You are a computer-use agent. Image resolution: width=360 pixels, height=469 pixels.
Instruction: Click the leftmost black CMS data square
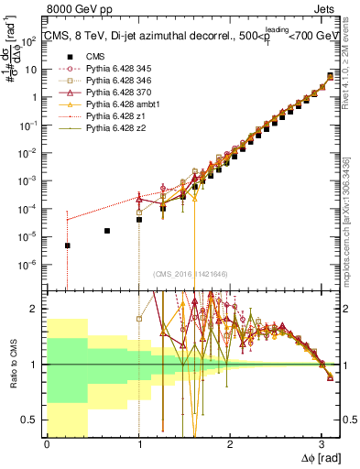pyautogui.click(x=67, y=245)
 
